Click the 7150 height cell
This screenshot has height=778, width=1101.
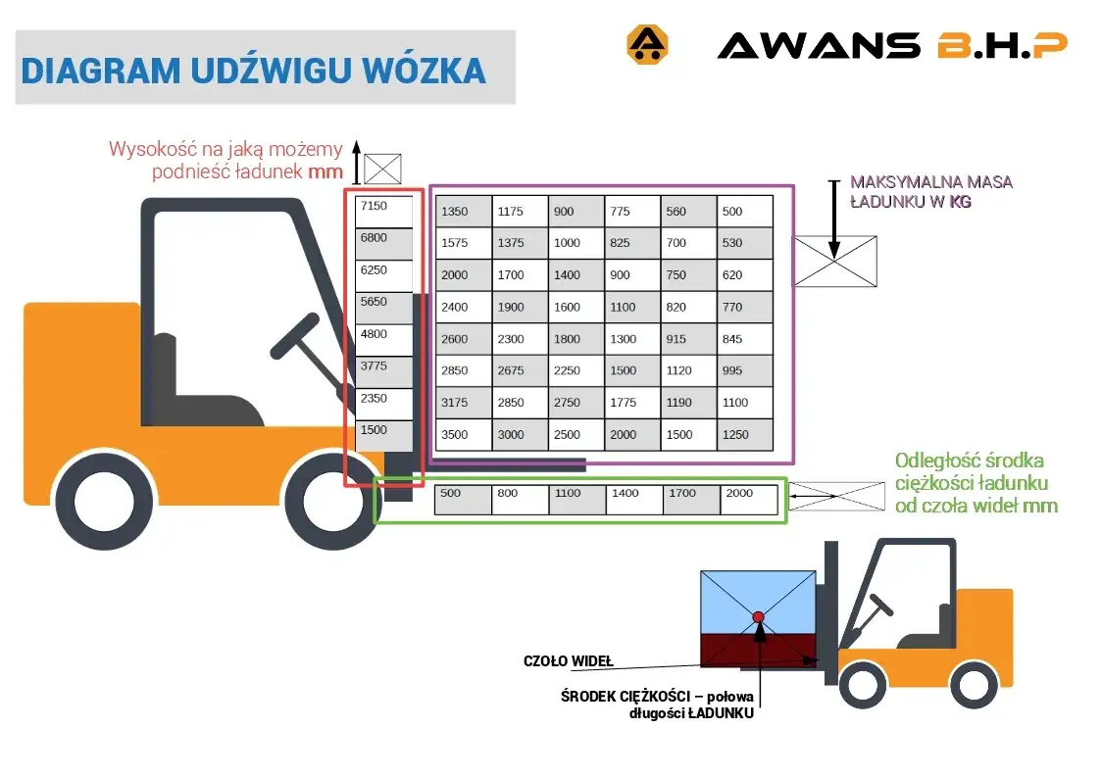click(x=383, y=212)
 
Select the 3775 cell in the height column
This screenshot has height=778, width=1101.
click(x=383, y=371)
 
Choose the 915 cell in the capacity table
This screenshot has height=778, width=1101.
click(x=688, y=339)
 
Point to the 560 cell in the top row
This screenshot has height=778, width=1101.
click(x=688, y=212)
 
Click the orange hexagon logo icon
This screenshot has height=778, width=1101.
click(x=646, y=45)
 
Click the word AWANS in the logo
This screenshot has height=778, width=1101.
click(x=819, y=45)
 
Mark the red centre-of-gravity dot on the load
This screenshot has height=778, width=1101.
click(x=758, y=616)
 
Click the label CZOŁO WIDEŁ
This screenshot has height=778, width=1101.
click(x=568, y=661)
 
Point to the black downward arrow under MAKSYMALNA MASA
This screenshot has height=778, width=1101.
click(x=832, y=219)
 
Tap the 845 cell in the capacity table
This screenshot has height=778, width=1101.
click(x=745, y=339)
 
